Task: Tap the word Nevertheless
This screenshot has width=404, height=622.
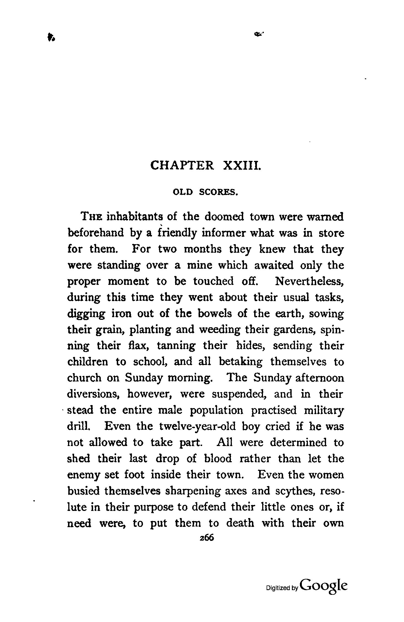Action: pos(309,281)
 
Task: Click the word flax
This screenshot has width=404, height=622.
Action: pos(139,346)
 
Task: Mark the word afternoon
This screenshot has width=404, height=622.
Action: pos(319,378)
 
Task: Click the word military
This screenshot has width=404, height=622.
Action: pos(324,410)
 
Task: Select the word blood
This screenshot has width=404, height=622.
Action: pos(218,459)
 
